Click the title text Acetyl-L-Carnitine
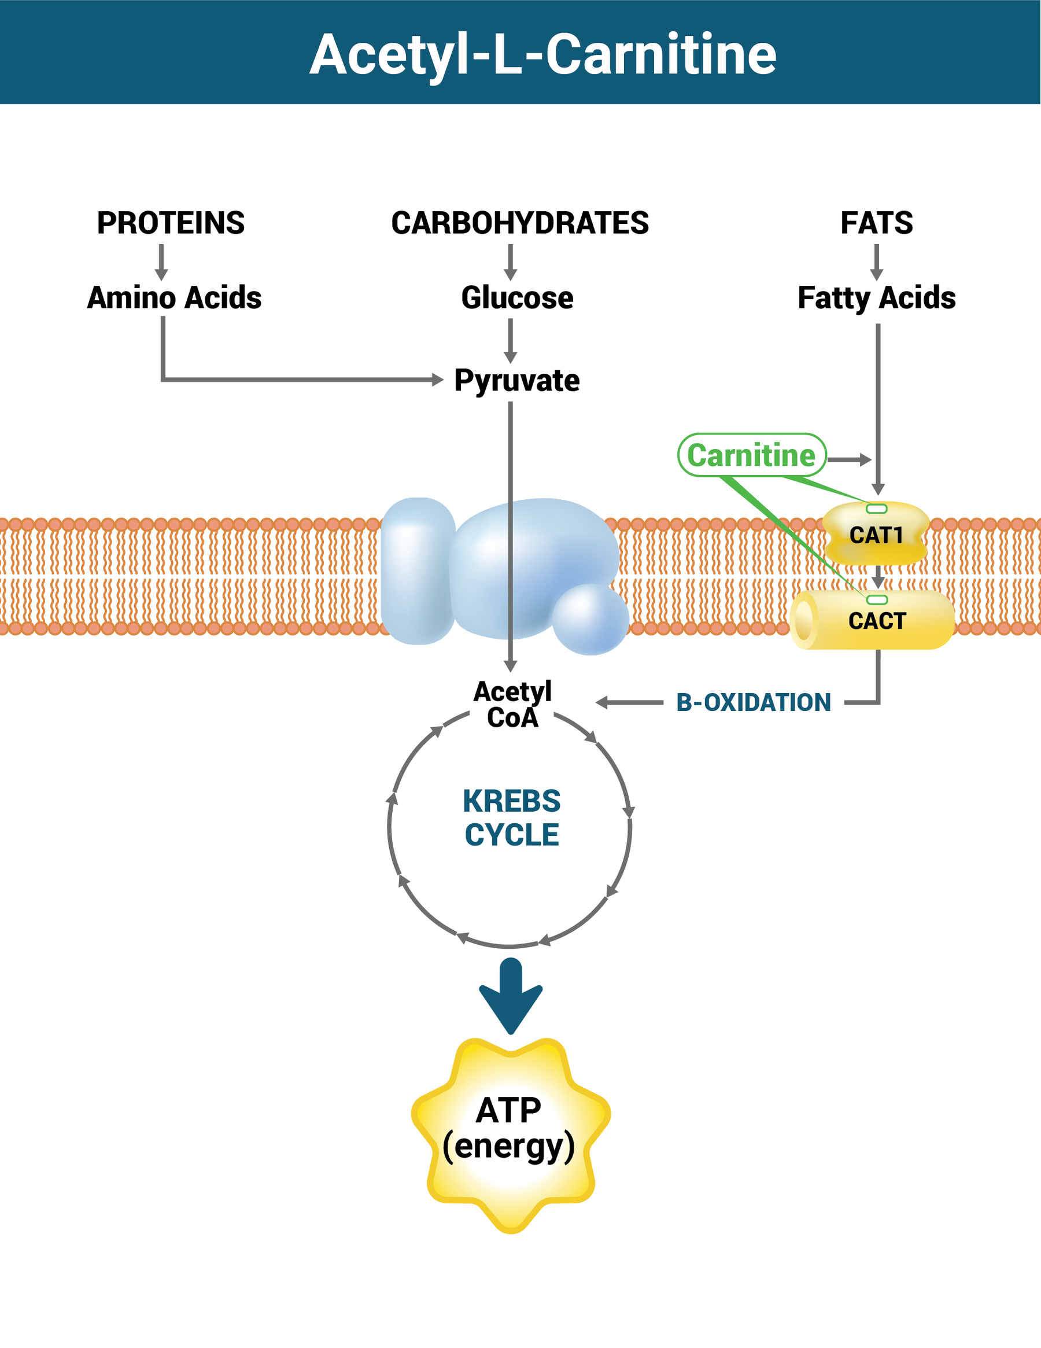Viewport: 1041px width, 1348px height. (x=542, y=56)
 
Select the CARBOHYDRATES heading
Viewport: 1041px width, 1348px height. (x=519, y=223)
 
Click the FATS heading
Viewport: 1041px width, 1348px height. (x=876, y=223)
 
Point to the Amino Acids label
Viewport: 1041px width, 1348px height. (x=174, y=297)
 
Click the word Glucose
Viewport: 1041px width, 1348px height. (x=517, y=297)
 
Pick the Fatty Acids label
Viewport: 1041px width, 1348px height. (x=876, y=297)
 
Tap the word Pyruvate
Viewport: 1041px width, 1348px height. (x=516, y=380)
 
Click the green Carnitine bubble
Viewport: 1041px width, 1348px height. (x=751, y=455)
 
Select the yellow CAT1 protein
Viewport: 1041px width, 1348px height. (x=876, y=535)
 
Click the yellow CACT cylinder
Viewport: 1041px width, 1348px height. (x=876, y=620)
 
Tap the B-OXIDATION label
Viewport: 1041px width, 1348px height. (x=754, y=702)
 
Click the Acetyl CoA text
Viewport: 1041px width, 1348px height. (x=512, y=704)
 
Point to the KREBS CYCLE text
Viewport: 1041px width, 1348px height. (x=512, y=818)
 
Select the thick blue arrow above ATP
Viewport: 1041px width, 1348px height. (x=511, y=993)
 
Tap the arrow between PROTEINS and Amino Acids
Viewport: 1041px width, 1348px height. (x=162, y=262)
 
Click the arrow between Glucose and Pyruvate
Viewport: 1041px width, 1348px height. (x=510, y=340)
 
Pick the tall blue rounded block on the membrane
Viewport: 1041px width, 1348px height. (x=418, y=571)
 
